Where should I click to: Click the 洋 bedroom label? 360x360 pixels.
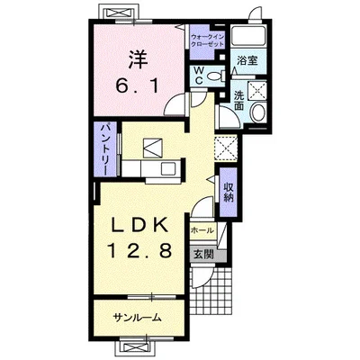coord(139,60)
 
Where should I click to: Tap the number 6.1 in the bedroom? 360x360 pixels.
coord(138,87)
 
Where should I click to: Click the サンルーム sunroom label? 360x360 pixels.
coord(138,318)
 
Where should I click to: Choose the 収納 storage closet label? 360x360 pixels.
coord(228,192)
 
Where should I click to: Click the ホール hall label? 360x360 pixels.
coord(202,230)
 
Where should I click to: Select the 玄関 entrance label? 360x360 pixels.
coord(203,255)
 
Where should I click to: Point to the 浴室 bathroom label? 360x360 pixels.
coord(247,61)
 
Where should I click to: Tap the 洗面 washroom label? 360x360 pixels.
coord(239,101)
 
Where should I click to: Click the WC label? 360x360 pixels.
coord(200,76)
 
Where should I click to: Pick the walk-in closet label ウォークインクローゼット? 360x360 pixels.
coord(208,40)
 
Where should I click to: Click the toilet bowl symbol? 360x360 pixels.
coord(217,76)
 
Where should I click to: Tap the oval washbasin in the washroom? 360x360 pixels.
coord(257,112)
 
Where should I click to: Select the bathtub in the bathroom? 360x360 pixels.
coord(248,37)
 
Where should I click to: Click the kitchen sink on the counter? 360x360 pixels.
coord(167,169)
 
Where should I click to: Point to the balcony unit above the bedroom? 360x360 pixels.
coord(119,13)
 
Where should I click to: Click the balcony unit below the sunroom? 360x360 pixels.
coord(136,348)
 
